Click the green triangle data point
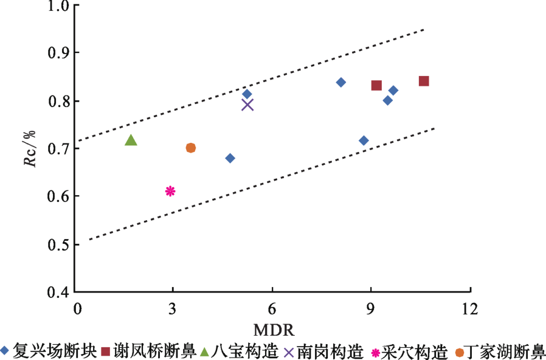pyautogui.click(x=131, y=140)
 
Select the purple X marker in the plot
pyautogui.click(x=247, y=105)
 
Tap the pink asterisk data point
pyautogui.click(x=170, y=191)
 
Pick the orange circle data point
pyautogui.click(x=190, y=148)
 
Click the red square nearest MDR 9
pyautogui.click(x=376, y=86)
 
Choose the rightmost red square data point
pyautogui.click(x=424, y=81)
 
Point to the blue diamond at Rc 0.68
pyautogui.click(x=230, y=158)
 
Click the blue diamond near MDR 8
pyautogui.click(x=341, y=82)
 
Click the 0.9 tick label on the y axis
pyautogui.click(x=59, y=53)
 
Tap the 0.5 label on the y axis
pyautogui.click(x=59, y=244)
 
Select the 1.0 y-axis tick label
pyautogui.click(x=59, y=5)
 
